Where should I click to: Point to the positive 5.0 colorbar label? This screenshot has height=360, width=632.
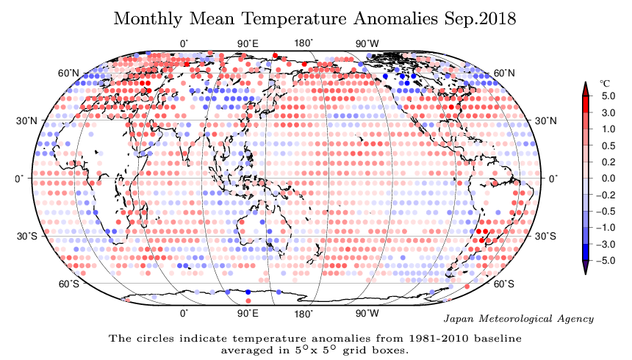click(607, 96)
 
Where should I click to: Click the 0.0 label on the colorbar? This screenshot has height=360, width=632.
click(607, 179)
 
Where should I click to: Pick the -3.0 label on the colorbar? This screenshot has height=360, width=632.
click(606, 244)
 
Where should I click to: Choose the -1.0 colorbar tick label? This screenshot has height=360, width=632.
click(606, 228)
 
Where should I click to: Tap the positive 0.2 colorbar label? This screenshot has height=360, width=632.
click(607, 162)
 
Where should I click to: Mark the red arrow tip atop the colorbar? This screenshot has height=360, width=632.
click(586, 87)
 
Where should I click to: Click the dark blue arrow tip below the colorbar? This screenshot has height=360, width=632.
click(586, 270)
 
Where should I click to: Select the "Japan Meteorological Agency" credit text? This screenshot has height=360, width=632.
click(520, 319)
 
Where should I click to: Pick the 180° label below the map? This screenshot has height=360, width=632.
click(304, 314)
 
